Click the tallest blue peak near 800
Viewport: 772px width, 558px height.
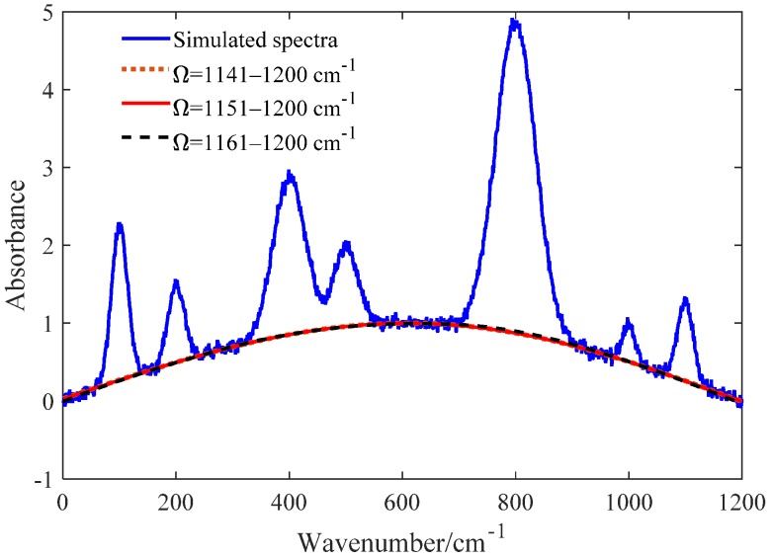click(x=514, y=22)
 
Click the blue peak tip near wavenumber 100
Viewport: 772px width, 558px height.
click(x=119, y=225)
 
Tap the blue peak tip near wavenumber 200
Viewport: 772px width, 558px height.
click(x=176, y=281)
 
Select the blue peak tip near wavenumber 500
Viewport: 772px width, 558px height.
click(x=346, y=243)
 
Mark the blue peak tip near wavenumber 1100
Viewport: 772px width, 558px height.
click(x=684, y=298)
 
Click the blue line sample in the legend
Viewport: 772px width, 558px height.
click(x=144, y=40)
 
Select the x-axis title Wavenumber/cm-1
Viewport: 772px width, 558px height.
click(x=400, y=540)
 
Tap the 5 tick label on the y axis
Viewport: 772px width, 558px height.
click(x=44, y=13)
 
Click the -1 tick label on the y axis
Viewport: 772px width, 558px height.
click(x=41, y=479)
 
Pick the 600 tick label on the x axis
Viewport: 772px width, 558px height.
click(x=401, y=502)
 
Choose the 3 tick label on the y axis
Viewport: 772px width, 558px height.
click(x=44, y=168)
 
